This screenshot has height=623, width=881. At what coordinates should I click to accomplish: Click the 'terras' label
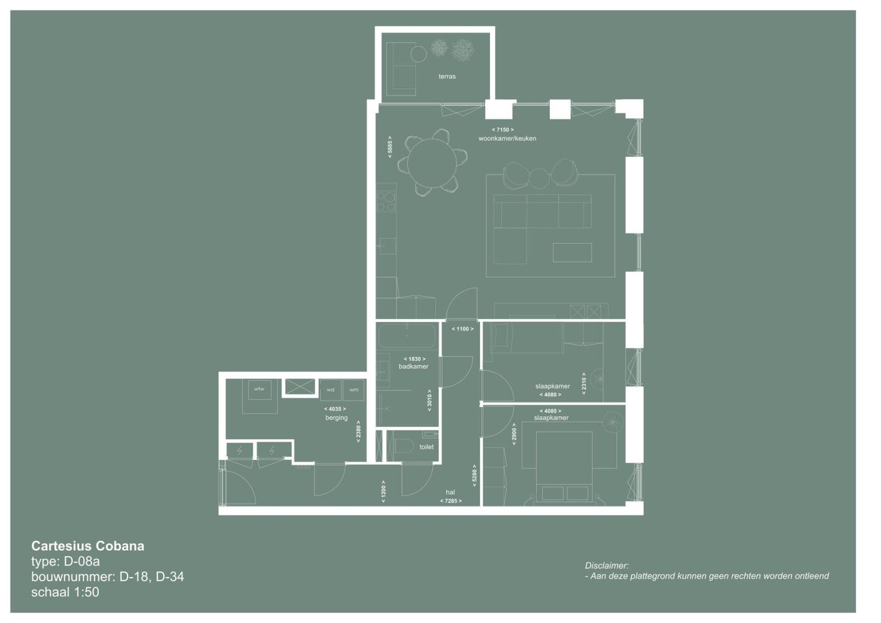pyautogui.click(x=447, y=77)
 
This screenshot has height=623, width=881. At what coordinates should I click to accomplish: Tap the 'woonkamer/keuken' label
pyautogui.click(x=507, y=138)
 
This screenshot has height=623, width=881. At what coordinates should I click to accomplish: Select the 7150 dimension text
pyautogui.click(x=502, y=130)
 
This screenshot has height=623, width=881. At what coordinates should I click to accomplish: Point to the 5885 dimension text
pyautogui.click(x=390, y=147)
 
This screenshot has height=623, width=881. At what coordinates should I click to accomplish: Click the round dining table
pyautogui.click(x=432, y=164)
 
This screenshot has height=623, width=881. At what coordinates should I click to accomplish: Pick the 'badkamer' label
pyautogui.click(x=413, y=366)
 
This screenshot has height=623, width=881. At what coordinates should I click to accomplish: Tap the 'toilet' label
pyautogui.click(x=426, y=447)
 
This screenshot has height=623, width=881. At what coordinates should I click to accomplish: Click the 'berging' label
pyautogui.click(x=336, y=417)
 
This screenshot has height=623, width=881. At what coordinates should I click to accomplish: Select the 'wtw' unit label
pyautogui.click(x=259, y=389)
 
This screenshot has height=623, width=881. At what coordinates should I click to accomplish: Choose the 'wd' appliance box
pyautogui.click(x=331, y=389)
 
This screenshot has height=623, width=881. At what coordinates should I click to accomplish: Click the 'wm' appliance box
pyautogui.click(x=354, y=389)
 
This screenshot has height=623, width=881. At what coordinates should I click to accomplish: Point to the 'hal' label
pyautogui.click(x=450, y=492)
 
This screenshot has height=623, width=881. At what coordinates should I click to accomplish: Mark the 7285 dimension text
pyautogui.click(x=451, y=501)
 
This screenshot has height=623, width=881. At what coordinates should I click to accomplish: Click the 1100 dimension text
pyautogui.click(x=463, y=328)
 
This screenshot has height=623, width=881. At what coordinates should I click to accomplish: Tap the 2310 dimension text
pyautogui.click(x=583, y=383)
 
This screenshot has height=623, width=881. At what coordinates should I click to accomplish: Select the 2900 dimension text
pyautogui.click(x=514, y=434)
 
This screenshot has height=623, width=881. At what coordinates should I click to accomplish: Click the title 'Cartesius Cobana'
pyautogui.click(x=88, y=546)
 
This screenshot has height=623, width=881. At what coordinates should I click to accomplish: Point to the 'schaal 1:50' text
pyautogui.click(x=65, y=592)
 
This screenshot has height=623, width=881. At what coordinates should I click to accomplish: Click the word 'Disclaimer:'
pyautogui.click(x=607, y=566)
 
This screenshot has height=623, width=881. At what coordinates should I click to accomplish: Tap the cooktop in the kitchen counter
pyautogui.click(x=386, y=201)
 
